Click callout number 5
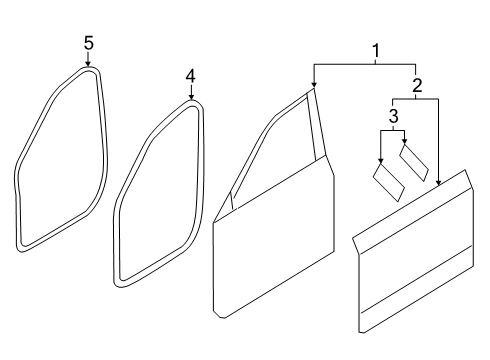[x=88, y=43]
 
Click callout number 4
[x=190, y=77]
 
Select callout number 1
[x=376, y=51]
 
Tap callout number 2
[x=417, y=85]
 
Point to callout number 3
[x=394, y=116]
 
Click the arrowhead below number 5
[x=88, y=64]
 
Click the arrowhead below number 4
[x=191, y=97]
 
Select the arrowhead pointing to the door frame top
[x=313, y=85]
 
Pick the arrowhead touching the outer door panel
[x=438, y=182]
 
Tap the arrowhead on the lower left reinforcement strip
[x=381, y=161]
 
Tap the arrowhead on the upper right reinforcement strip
[x=405, y=142]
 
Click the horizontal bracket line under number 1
[x=364, y=63]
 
